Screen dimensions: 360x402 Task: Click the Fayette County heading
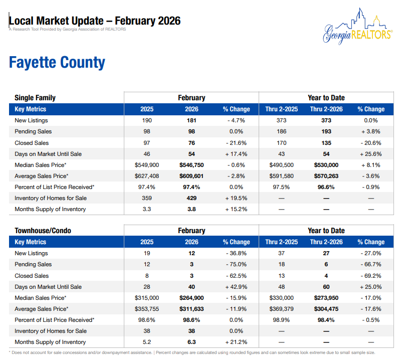pos(57,63)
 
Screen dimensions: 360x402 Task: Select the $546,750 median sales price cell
pos(191,165)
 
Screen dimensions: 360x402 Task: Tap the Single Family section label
pos(35,98)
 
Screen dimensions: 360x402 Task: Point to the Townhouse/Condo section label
pos(43,231)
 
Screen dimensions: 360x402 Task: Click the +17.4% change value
pos(236,154)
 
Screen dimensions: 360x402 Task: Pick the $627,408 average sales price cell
pos(147,176)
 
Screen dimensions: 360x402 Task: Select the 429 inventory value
pos(191,198)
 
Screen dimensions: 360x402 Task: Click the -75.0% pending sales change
pos(236,264)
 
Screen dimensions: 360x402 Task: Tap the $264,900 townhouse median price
pos(191,298)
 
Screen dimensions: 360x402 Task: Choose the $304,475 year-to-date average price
pos(326,309)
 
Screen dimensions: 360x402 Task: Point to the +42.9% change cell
pos(236,287)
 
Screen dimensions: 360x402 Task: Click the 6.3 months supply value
pos(191,342)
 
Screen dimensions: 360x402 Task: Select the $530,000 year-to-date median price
pos(326,165)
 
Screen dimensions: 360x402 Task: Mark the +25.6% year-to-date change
pos(370,154)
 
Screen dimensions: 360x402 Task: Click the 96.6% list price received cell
pos(326,187)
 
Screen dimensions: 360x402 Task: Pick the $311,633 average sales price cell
pos(191,309)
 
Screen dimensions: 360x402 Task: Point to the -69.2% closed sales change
pos(370,276)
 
